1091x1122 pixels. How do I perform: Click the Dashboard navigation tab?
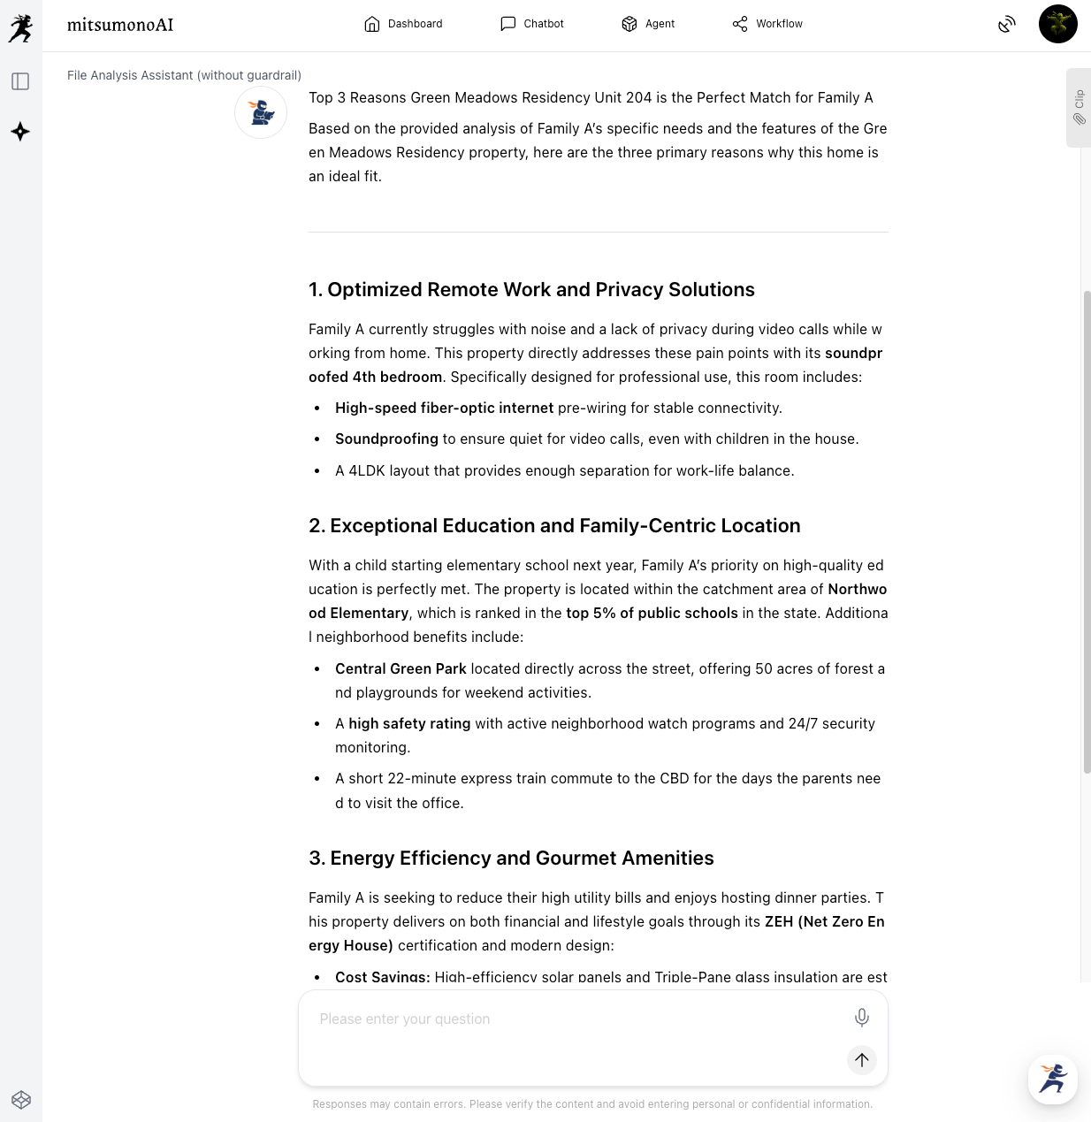(403, 24)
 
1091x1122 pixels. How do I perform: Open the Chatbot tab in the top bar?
(532, 24)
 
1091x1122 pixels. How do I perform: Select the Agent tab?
(648, 24)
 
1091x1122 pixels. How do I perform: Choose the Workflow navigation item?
(767, 24)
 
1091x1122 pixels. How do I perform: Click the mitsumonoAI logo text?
(120, 25)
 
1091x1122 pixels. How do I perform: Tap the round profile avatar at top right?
(1057, 24)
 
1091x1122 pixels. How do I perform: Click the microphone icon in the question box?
(861, 1018)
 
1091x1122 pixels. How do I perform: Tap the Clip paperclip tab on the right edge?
(1079, 107)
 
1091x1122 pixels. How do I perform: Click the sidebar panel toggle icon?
(20, 82)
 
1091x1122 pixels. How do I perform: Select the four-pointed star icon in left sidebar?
(20, 132)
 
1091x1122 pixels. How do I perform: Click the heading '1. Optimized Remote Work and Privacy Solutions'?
(531, 290)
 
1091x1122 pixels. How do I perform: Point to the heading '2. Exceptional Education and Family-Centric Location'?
(554, 526)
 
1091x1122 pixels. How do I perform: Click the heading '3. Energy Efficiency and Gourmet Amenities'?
(511, 859)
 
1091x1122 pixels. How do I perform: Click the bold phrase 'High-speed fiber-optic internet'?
(444, 408)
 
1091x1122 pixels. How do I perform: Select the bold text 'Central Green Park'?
(401, 669)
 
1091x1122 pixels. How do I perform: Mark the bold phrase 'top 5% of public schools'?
(652, 614)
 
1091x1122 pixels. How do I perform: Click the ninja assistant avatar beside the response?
(261, 112)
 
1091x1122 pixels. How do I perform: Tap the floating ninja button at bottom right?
(1052, 1079)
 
